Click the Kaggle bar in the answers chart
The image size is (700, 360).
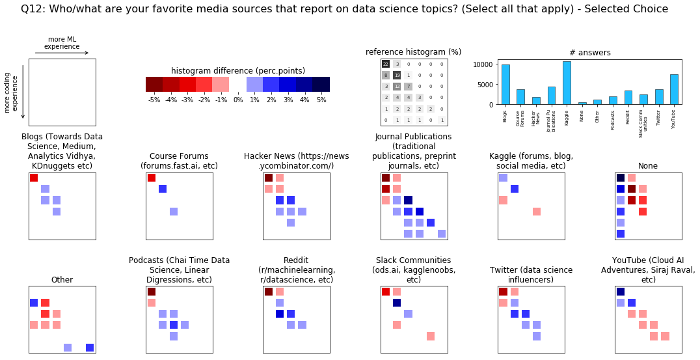coord(567,83)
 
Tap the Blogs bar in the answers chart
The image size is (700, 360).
coord(505,84)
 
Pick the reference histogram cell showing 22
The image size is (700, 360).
coord(386,64)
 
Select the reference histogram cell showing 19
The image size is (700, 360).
coord(397,76)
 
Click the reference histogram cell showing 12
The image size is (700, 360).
coord(397,87)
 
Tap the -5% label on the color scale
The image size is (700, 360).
coord(154,100)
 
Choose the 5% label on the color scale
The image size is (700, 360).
coord(321,100)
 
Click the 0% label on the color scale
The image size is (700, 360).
coord(238,100)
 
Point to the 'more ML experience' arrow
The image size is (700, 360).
coord(62,53)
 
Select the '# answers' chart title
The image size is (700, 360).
coord(589,53)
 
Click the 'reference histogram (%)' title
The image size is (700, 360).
coord(414,52)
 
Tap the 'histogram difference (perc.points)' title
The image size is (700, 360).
coord(238,71)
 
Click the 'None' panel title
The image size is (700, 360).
coord(648,166)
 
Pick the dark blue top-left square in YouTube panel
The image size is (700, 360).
coord(621,292)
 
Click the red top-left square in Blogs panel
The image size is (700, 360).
coord(34,178)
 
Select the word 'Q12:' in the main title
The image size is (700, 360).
coord(33,9)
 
